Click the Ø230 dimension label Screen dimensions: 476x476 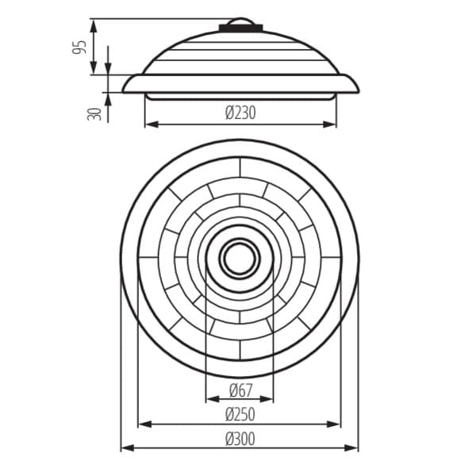(240, 113)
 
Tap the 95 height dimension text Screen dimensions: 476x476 (79, 47)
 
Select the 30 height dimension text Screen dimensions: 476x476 (94, 114)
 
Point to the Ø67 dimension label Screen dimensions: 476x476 (240, 390)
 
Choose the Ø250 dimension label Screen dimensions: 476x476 (240, 414)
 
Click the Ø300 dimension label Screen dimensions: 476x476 (240, 439)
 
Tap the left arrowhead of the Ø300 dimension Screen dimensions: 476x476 (128, 447)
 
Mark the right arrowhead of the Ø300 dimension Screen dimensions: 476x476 (351, 447)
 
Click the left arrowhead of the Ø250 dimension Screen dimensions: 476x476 (145, 424)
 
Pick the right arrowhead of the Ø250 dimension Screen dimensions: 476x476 (334, 424)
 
